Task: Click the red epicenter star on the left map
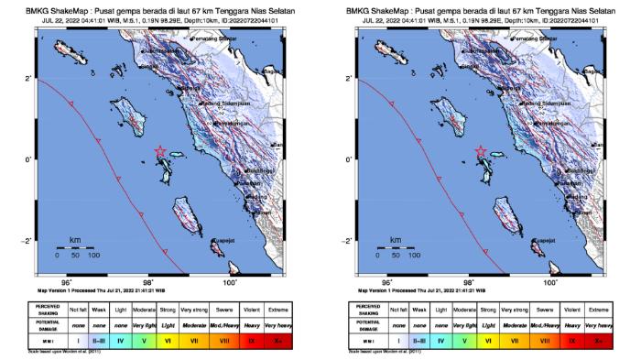point(160,151)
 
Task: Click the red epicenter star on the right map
point(481,151)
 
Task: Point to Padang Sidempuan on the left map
point(226,104)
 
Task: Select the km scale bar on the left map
point(75,247)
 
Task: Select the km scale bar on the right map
point(396,247)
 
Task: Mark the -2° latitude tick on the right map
point(349,240)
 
